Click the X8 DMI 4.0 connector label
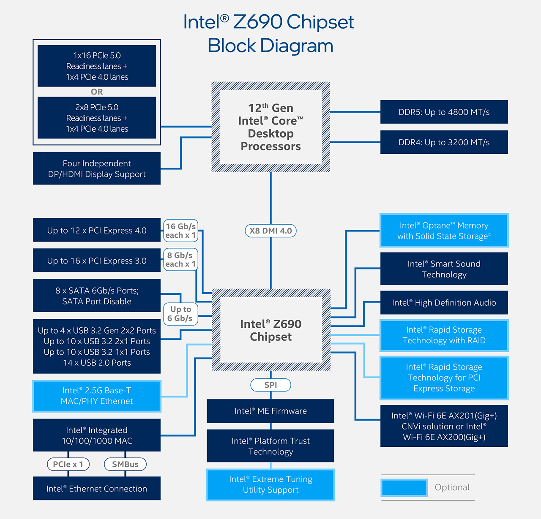pyautogui.click(x=270, y=231)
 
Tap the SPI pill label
pyautogui.click(x=270, y=385)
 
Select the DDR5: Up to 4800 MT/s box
pyautogui.click(x=444, y=112)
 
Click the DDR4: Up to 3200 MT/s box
pyautogui.click(x=444, y=142)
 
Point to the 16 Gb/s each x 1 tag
pyautogui.click(x=180, y=231)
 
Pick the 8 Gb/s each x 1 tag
pyautogui.click(x=180, y=259)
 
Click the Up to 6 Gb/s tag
pyautogui.click(x=180, y=314)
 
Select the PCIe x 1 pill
pyautogui.click(x=68, y=464)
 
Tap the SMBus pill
pyautogui.click(x=125, y=464)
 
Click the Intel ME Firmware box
pyautogui.click(x=270, y=411)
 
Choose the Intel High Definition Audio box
pyautogui.click(x=444, y=302)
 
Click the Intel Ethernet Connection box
pyautogui.click(x=97, y=489)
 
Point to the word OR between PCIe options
pyautogui.click(x=97, y=92)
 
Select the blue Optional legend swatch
pyautogui.click(x=404, y=488)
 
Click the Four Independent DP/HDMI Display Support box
pyautogui.click(x=97, y=168)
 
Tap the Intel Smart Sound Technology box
pyautogui.click(x=444, y=269)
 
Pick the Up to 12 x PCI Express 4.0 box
pyautogui.click(x=97, y=230)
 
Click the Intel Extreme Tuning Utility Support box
pyautogui.click(x=270, y=485)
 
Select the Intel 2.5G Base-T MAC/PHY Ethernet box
pyautogui.click(x=97, y=396)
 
